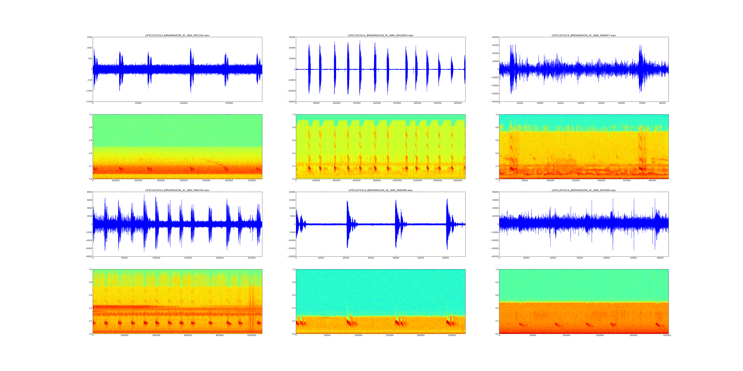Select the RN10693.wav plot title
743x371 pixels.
[x=380, y=35]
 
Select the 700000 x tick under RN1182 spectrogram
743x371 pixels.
[x=252, y=181]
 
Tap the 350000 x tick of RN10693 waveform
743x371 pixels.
[x=438, y=103]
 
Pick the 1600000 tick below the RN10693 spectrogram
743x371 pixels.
[x=458, y=181]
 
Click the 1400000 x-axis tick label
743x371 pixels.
[x=438, y=181]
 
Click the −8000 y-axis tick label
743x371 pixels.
[x=89, y=256]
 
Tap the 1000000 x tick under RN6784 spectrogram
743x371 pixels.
[x=252, y=335]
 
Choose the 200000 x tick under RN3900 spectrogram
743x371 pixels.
[x=633, y=335]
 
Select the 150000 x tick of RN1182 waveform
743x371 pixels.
[x=229, y=103]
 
